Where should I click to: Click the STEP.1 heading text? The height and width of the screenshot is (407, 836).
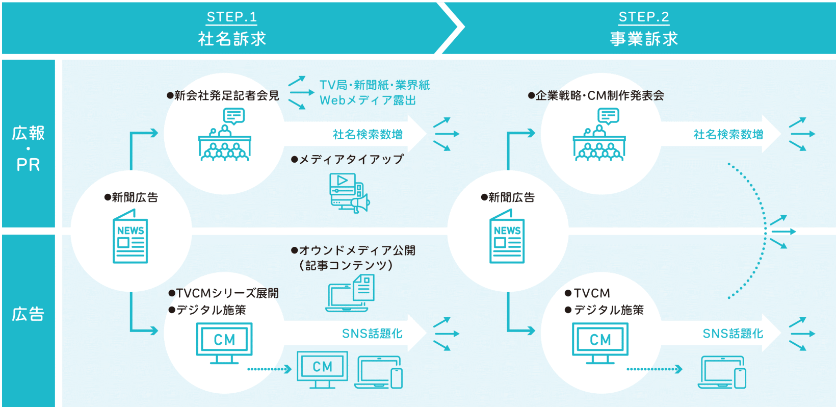[x=231, y=17]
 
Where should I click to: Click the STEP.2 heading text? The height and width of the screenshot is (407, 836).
[x=643, y=17]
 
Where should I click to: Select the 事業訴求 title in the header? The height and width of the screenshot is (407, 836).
[x=644, y=39]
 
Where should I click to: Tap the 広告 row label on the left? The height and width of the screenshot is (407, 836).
[x=28, y=314]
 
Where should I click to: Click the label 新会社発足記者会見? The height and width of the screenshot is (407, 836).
[x=226, y=95]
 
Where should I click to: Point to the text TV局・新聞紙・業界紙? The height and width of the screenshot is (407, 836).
[x=375, y=85]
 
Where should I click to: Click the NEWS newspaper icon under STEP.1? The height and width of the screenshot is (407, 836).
[x=130, y=237]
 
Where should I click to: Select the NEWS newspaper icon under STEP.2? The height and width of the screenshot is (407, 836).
[x=507, y=237]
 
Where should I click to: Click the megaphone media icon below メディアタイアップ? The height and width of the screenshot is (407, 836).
[x=349, y=193]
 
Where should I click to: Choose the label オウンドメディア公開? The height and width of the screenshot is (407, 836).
[x=356, y=250]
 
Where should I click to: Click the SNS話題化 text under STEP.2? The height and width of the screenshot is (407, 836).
[x=733, y=334]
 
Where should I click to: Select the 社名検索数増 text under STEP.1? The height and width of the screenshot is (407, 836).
[x=368, y=134]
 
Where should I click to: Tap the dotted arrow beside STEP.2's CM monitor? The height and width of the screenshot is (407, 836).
[x=655, y=369]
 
